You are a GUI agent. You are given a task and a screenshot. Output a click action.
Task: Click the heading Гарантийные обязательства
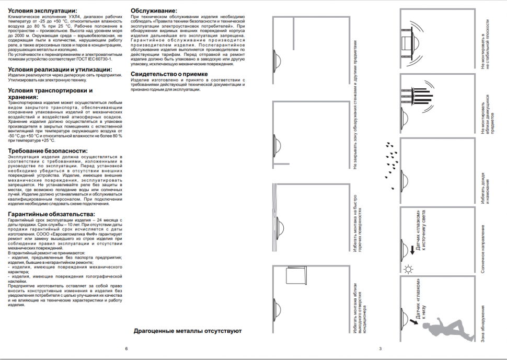click(51, 214)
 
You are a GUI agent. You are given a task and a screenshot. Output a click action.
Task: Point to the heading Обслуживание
click(153, 11)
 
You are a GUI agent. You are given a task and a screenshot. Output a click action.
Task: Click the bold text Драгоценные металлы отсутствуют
click(187, 331)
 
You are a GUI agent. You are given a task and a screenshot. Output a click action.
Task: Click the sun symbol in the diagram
click(408, 270)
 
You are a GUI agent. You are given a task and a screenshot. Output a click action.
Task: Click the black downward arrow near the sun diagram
click(412, 250)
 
